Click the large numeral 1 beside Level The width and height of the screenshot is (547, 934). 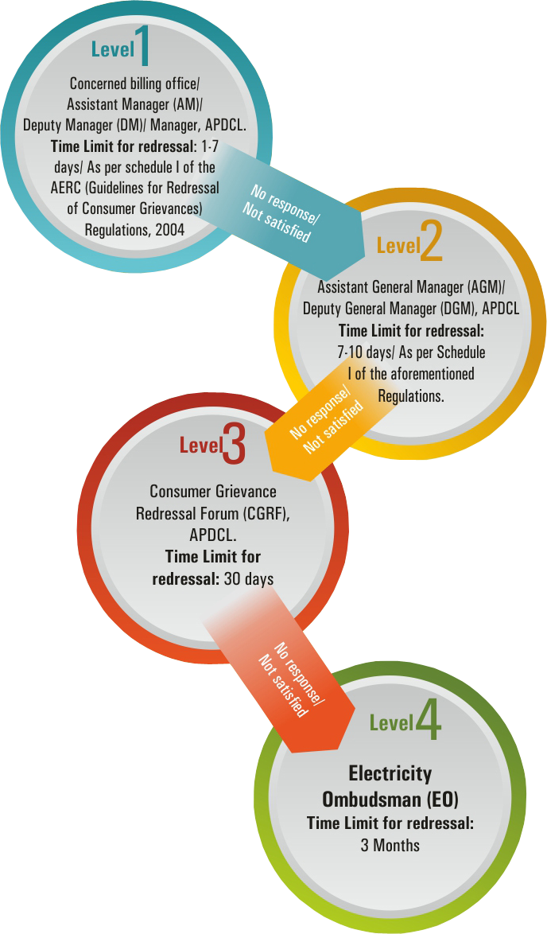click(144, 46)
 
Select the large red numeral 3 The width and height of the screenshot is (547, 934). click(235, 443)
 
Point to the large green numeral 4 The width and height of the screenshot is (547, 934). click(428, 720)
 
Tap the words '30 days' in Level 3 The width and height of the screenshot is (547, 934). click(249, 578)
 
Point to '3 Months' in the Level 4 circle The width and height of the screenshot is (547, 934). click(390, 844)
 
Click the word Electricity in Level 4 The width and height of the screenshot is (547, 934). click(390, 773)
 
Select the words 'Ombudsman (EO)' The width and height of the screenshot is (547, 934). click(390, 798)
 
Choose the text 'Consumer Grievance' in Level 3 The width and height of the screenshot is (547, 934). click(213, 492)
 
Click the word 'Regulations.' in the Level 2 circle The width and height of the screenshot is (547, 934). click(411, 395)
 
